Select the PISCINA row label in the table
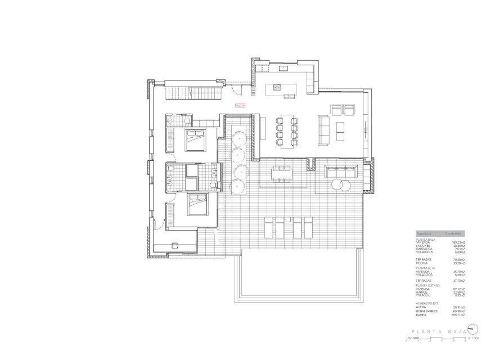pyautogui.click(x=422, y=262)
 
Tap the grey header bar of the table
pyautogui.click(x=439, y=232)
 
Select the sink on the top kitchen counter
pyautogui.click(x=283, y=68)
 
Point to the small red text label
pyautogui.click(x=240, y=105)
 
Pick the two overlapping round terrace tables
pyautogui.click(x=341, y=184)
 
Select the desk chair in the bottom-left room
pyautogui.click(x=174, y=244)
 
